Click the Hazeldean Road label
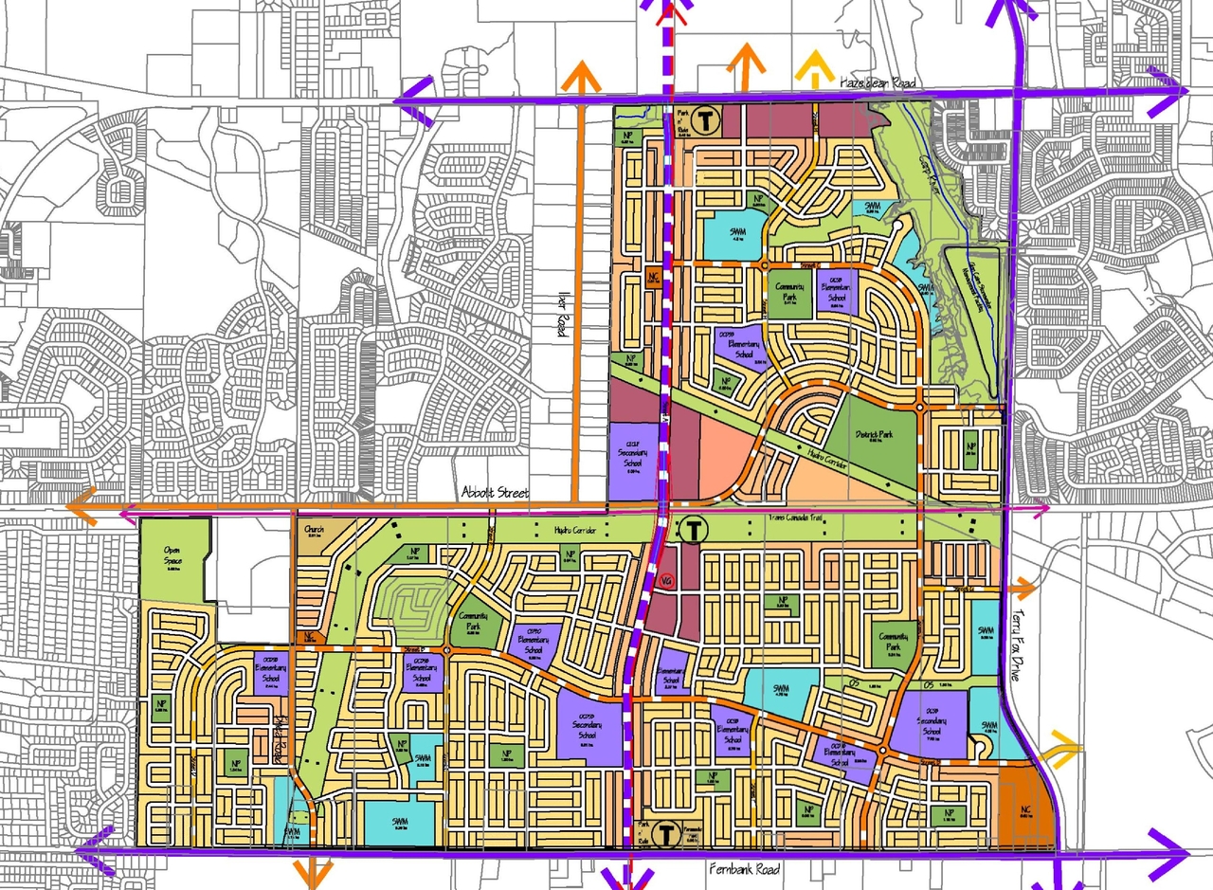coord(878,83)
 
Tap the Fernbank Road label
coord(744,868)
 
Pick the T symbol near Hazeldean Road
coord(703,120)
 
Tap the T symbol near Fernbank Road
coord(666,833)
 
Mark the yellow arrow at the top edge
coord(810,66)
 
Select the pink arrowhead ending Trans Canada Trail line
coord(1044,510)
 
